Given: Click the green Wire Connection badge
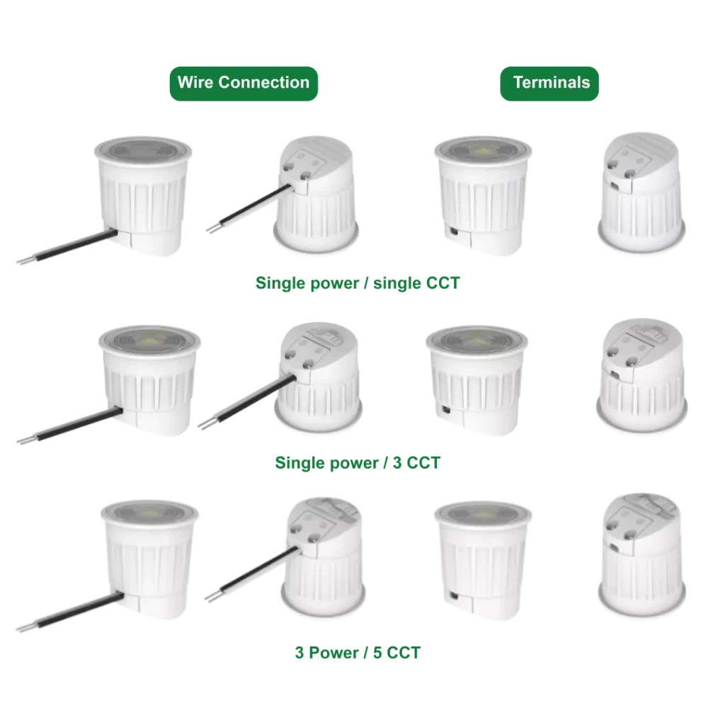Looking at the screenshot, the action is point(244,84).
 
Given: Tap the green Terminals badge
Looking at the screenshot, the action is point(549,84).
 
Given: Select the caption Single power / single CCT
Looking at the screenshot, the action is point(358,283).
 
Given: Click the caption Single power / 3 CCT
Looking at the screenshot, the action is point(358,463).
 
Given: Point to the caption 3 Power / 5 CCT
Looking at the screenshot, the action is point(358,652).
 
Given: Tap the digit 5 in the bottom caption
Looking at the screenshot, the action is point(377,652).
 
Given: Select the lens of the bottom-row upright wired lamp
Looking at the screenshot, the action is point(149,513).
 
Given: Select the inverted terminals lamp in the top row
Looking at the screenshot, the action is point(641,193).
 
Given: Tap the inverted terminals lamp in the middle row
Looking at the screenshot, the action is point(641,375).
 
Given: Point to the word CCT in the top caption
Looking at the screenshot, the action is point(443,283).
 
